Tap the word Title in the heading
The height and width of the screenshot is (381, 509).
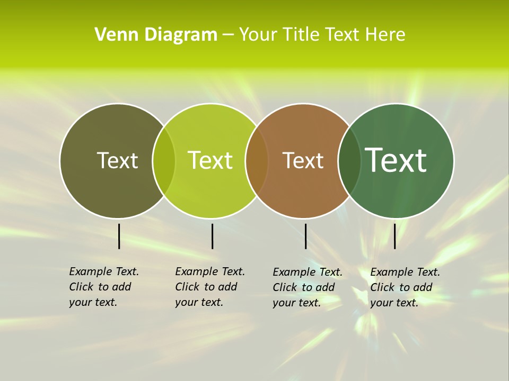(302, 35)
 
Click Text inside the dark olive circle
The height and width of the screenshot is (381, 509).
(117, 160)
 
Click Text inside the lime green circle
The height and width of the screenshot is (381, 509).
(210, 160)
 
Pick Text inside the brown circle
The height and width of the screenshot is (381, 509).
(303, 160)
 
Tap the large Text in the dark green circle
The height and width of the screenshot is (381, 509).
(396, 160)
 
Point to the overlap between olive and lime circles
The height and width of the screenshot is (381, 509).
(164, 161)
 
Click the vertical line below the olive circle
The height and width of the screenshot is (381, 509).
(119, 236)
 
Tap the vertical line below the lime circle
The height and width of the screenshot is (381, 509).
(212, 236)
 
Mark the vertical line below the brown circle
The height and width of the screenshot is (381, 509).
(305, 236)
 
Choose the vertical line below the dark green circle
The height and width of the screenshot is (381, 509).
(394, 236)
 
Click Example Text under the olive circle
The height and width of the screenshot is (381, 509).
(104, 271)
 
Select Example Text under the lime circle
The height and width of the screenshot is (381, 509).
(210, 271)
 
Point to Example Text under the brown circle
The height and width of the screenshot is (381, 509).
(308, 272)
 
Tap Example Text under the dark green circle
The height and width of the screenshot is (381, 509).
(405, 272)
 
